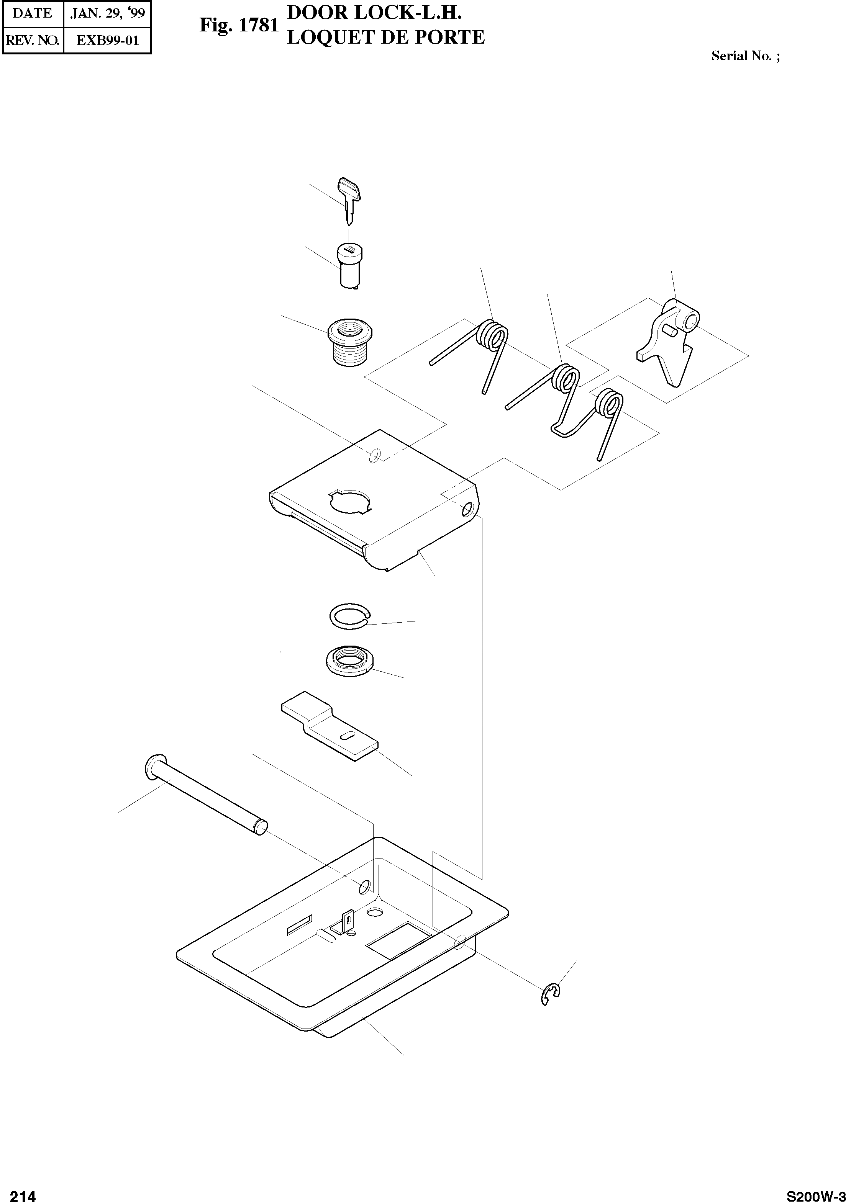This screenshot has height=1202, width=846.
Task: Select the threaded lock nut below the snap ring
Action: [x=349, y=662]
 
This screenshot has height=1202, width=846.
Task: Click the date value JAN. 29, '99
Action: [x=107, y=14]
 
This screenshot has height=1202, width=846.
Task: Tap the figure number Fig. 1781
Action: [x=238, y=26]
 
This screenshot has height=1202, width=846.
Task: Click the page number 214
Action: [x=23, y=1192]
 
